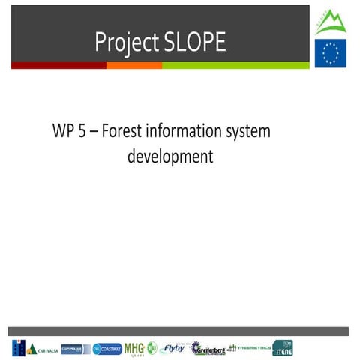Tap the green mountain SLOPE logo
pos(330,22)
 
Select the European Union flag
pos(330,53)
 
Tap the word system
pos(248,132)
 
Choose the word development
pos(170,157)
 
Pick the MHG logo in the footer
pos(133,348)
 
